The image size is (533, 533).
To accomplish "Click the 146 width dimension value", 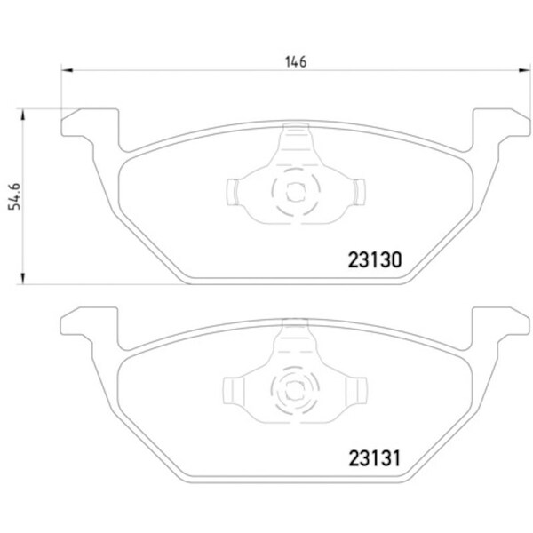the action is pos(296,62).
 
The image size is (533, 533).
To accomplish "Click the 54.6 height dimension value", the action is pos(14,196).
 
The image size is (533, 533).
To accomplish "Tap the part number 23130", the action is pos(375,260).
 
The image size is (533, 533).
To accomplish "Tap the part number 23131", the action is pos(375,458).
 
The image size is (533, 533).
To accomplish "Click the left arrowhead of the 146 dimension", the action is pos(67,70).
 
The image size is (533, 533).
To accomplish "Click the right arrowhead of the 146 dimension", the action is pos(524,70).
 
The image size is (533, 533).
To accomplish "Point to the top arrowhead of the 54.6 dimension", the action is pos(23,115).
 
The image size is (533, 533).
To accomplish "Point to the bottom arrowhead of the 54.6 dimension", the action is pos(23,278).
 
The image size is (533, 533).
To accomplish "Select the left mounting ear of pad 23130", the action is pos(90,123).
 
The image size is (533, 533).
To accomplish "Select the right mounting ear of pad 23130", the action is pos(501,123).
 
